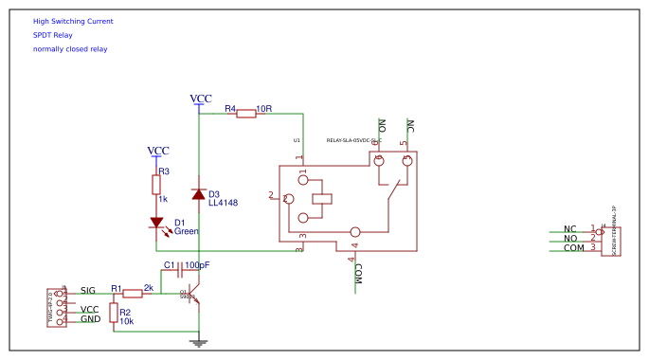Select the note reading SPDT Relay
[52, 35]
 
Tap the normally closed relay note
[70, 49]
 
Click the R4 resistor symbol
[245, 114]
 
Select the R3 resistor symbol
[156, 184]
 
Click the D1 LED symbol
[156, 224]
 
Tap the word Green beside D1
[187, 231]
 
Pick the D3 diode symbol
[198, 194]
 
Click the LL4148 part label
[223, 203]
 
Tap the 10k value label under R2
[126, 322]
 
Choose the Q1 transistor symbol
[192, 296]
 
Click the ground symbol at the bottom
[198, 342]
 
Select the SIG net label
[88, 290]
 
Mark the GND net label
[90, 319]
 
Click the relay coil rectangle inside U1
[322, 199]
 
